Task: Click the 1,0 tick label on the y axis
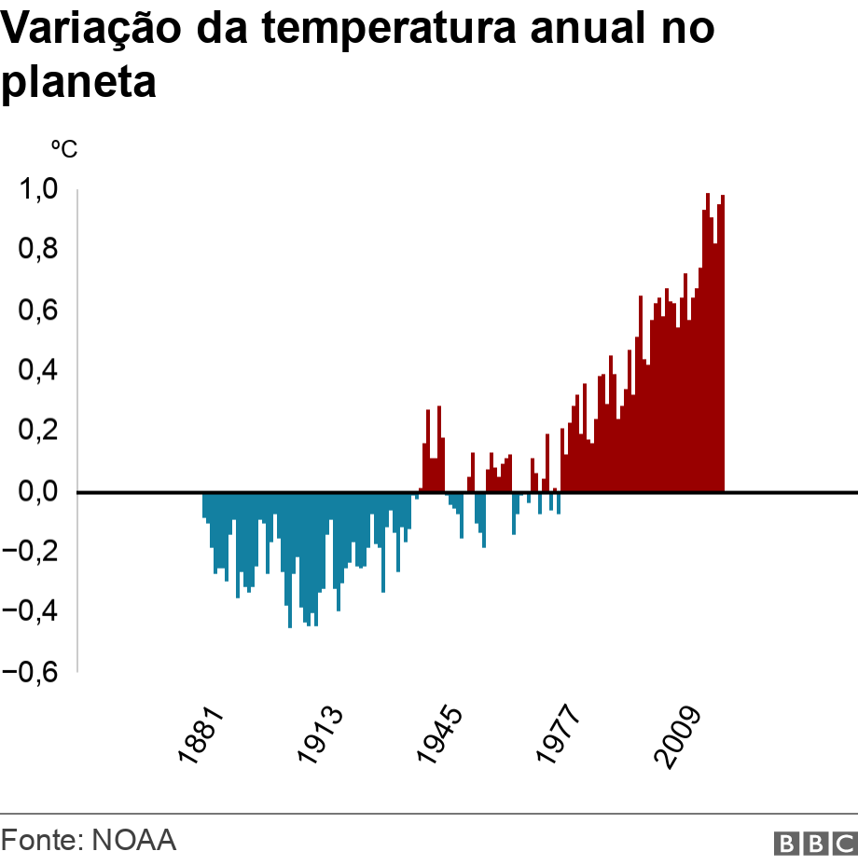click(39, 190)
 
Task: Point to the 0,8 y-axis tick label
click(39, 251)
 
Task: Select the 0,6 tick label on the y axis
click(39, 310)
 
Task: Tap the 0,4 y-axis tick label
click(39, 371)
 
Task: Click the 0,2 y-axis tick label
click(39, 432)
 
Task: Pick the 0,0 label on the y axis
click(39, 491)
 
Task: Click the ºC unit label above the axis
click(63, 148)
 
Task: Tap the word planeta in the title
click(78, 83)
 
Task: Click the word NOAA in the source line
click(133, 840)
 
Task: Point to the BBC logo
click(815, 843)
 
